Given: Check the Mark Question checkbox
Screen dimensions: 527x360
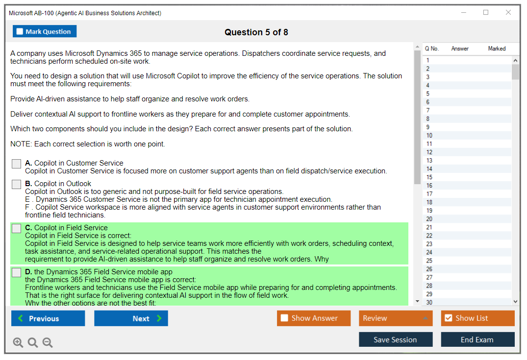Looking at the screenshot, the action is (x=20, y=31).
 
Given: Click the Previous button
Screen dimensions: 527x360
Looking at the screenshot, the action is (x=48, y=318).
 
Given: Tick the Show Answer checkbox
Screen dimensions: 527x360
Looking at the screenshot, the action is (x=284, y=318).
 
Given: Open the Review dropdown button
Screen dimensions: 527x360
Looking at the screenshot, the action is (x=396, y=318).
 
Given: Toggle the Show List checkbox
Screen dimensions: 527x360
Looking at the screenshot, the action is (x=449, y=318).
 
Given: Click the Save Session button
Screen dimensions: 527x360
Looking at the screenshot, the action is (x=396, y=339).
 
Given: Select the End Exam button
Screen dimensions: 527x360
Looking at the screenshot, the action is (x=477, y=339).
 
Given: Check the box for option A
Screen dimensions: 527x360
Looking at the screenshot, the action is (x=17, y=164).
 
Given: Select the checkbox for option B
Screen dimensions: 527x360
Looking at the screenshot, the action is (x=17, y=184).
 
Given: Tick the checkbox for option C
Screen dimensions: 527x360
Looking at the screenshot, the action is (x=17, y=228).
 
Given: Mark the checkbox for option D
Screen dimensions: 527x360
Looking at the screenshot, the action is (x=17, y=272).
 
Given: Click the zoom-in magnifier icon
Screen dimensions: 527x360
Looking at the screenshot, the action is (x=18, y=342).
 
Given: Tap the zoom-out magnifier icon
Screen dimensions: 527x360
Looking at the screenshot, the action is (x=48, y=342).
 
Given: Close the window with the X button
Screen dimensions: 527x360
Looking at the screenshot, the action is (x=508, y=12).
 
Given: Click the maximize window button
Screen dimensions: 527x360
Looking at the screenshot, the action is (x=486, y=12).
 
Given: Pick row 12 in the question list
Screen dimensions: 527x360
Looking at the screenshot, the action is (x=467, y=152).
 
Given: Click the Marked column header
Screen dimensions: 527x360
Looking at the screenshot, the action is (x=497, y=48).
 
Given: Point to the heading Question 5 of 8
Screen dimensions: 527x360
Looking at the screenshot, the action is (x=256, y=32).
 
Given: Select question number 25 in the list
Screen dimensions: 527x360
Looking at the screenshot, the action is (x=467, y=261).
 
